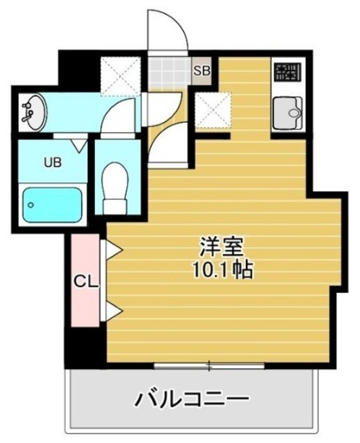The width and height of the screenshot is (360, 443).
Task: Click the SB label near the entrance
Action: click(x=201, y=70)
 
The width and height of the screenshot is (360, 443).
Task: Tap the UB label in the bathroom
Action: click(x=53, y=163)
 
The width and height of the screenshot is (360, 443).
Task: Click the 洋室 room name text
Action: click(x=215, y=246)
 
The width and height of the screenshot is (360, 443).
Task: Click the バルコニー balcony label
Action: click(x=190, y=399)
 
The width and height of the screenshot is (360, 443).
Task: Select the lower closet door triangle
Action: click(x=112, y=311)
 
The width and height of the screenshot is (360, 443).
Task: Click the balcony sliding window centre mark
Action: click(x=210, y=364)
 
